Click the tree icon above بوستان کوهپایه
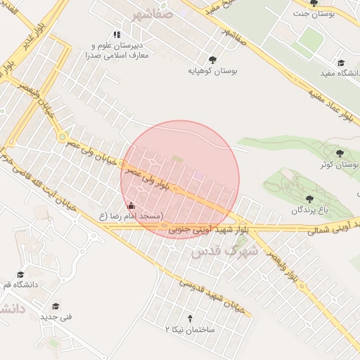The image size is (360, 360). pyautogui.click(x=212, y=60)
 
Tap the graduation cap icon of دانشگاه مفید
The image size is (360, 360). pyautogui.click(x=341, y=63)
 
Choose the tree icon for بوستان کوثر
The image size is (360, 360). pyautogui.click(x=340, y=153)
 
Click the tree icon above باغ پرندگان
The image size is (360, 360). pyautogui.click(x=310, y=199)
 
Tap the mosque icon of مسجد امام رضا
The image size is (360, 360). pyautogui.click(x=131, y=206)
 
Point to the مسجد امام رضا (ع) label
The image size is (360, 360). pyautogui.click(x=131, y=217)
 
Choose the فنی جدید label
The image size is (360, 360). pyautogui.click(x=56, y=317)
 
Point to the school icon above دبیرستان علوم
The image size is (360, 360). pyautogui.click(x=117, y=34)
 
